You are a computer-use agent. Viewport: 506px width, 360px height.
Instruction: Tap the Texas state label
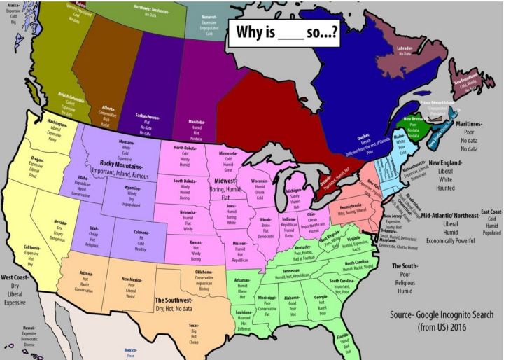(192, 326)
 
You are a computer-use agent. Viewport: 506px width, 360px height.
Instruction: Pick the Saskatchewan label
(145, 118)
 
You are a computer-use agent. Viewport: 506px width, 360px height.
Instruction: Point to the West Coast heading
(20, 277)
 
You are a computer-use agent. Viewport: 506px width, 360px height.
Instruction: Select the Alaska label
(12, 4)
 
